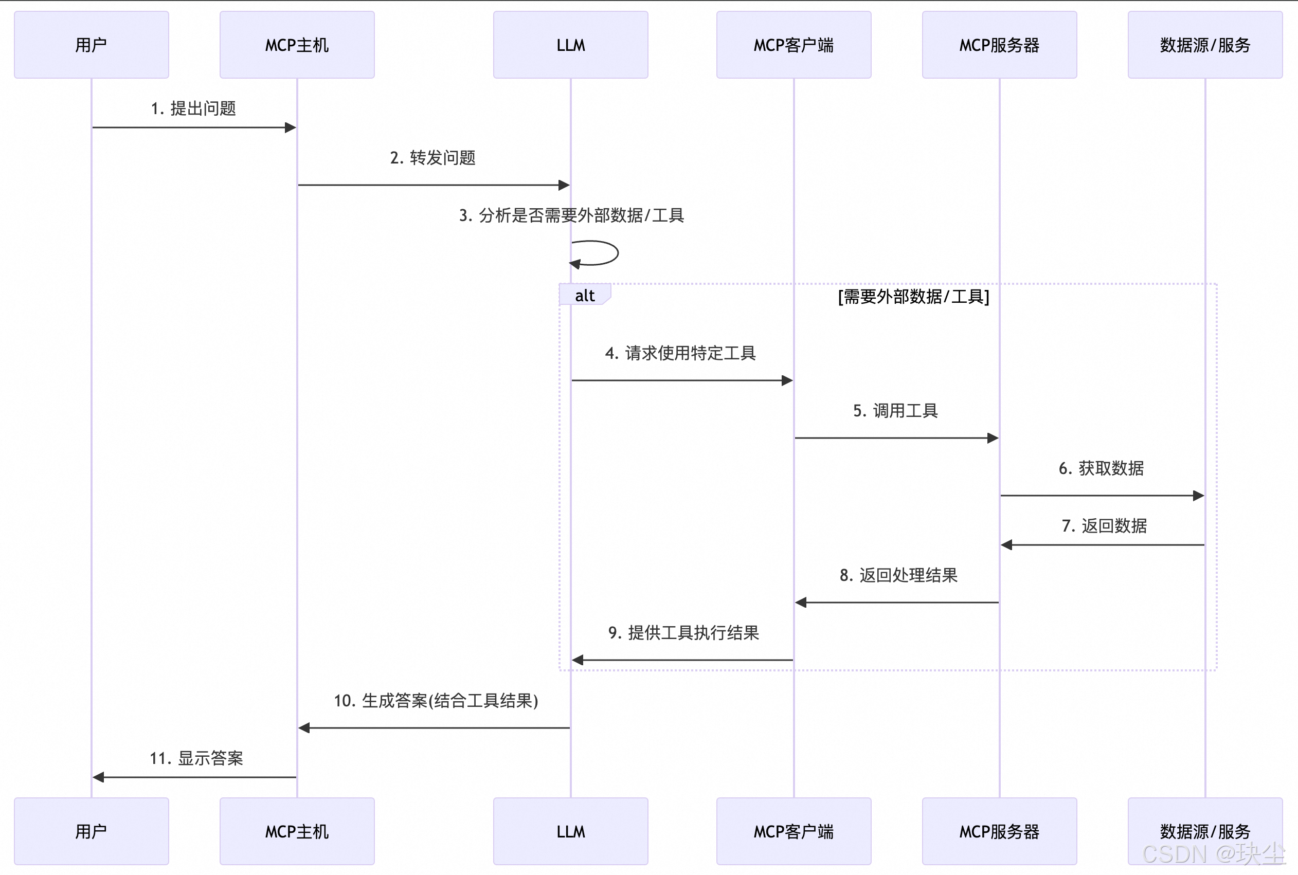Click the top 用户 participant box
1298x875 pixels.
[x=91, y=45]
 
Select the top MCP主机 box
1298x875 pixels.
[x=297, y=45]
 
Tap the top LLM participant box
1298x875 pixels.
[x=570, y=45]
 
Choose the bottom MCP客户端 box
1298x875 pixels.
[x=794, y=831]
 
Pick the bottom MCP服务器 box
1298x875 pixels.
[x=999, y=831]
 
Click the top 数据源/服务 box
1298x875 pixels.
[x=1205, y=45]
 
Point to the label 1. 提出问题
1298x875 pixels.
[x=194, y=108]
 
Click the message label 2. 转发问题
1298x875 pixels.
[x=432, y=158]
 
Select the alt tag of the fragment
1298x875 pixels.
[x=584, y=295]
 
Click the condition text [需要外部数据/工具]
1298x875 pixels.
[x=913, y=296]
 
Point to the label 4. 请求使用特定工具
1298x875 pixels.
[x=680, y=353]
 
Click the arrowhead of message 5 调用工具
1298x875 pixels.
[x=992, y=438]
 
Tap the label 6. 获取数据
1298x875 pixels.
[x=1101, y=468]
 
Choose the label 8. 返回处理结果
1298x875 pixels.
[x=898, y=575]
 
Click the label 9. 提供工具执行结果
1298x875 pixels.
[x=683, y=633]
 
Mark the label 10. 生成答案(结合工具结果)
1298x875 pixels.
[x=436, y=701]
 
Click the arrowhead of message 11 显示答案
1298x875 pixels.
[x=99, y=777]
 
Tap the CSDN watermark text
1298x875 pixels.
[x=1213, y=853]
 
